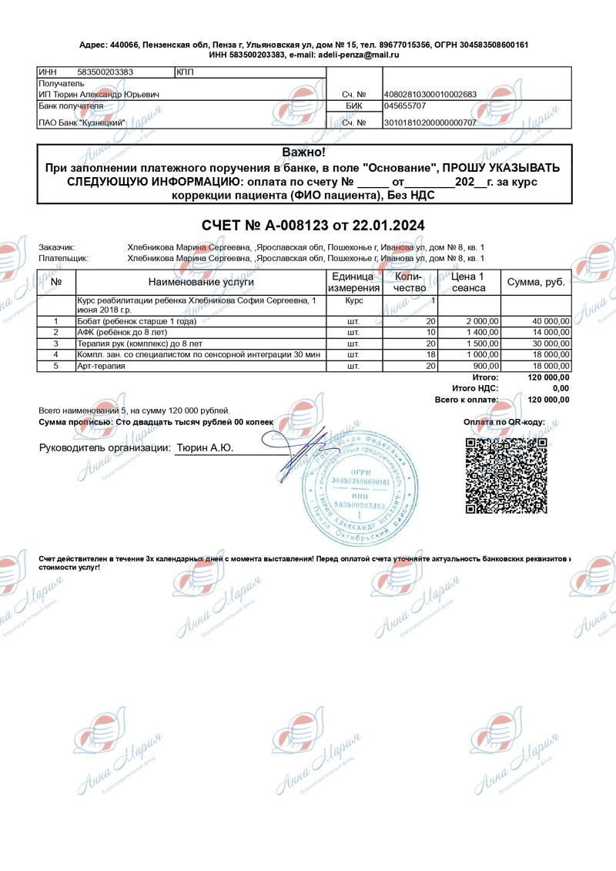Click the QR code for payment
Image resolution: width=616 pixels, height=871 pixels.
(507, 475)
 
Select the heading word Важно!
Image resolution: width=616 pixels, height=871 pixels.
(304, 152)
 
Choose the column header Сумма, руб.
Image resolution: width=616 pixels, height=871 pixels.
(536, 283)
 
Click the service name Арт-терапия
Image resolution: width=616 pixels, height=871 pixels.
(101, 366)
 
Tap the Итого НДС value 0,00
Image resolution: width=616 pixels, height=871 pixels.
(561, 388)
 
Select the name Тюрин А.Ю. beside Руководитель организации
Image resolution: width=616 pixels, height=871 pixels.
(205, 447)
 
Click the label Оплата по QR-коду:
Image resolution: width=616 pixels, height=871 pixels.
(504, 423)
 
